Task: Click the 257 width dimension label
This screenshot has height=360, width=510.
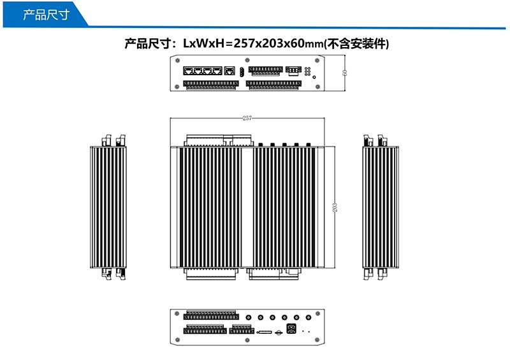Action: (x=247, y=118)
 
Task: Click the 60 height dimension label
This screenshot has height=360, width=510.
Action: (x=344, y=73)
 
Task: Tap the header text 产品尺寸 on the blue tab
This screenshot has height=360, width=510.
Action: (x=45, y=14)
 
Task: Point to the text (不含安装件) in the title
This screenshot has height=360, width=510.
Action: (x=357, y=44)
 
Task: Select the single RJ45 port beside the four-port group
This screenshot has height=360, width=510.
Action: (x=230, y=70)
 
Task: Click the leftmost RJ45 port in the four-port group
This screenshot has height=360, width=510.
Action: (x=189, y=70)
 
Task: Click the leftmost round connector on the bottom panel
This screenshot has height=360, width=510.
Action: (x=248, y=317)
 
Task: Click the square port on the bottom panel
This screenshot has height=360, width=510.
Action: (x=291, y=330)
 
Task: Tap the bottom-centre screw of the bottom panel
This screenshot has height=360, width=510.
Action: (x=247, y=341)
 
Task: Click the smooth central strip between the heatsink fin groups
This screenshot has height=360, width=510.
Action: (x=247, y=208)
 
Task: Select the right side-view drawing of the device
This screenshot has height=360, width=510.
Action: (x=381, y=208)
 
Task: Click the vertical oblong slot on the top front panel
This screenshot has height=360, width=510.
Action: (x=242, y=71)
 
